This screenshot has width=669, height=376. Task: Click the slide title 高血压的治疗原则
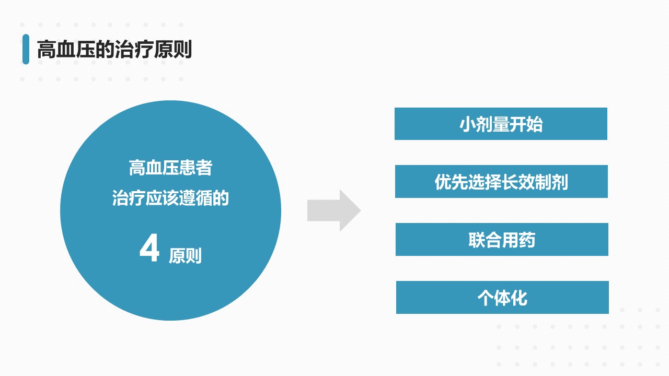coord(114,49)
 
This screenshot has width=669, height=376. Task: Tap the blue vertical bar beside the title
coord(26,49)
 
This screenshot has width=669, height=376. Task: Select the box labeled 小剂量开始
coord(501,124)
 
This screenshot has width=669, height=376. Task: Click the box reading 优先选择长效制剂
coord(501,181)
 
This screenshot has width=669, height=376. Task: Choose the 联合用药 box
coord(502,239)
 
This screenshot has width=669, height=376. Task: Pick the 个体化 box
coord(502,298)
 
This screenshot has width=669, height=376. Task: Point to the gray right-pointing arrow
coord(334,210)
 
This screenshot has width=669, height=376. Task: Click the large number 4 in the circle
coord(149,248)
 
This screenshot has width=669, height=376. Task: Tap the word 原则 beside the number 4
coord(185,256)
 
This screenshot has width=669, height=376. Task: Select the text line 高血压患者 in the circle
coord(170,168)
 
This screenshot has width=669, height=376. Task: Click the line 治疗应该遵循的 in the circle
coord(170,198)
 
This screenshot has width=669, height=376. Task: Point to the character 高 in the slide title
coord(47,49)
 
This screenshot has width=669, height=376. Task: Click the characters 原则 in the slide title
coord(172,49)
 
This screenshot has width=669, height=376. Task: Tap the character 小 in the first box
coord(468,124)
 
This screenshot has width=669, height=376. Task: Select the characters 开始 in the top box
coord(526,124)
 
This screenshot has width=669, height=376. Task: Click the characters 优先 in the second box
coord(451,182)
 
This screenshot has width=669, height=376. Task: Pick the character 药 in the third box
coord(527,240)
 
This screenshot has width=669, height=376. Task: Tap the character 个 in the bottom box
coord(486,298)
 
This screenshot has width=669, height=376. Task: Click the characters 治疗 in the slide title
coord(134,49)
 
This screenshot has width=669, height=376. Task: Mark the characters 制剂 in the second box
coord(551,182)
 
